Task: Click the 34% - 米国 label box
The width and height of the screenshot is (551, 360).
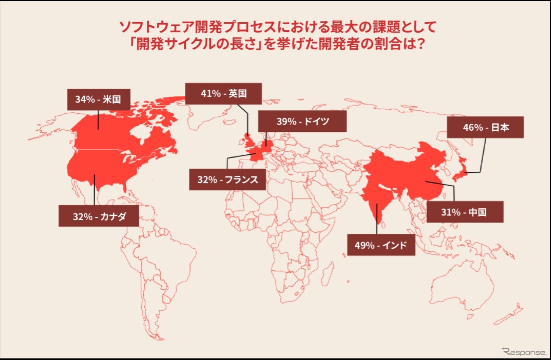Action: [x=99, y=100]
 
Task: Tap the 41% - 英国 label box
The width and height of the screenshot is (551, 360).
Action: [x=224, y=93]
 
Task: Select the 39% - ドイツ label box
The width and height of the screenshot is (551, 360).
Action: [x=302, y=121]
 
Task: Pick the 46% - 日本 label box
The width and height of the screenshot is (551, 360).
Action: [x=485, y=127]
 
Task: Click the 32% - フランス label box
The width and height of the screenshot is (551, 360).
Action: [x=227, y=180]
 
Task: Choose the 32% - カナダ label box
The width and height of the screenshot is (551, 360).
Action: [x=99, y=216]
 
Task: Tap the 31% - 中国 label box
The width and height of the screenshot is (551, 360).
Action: [x=465, y=212]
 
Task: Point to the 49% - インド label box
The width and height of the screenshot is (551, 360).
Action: [x=381, y=245]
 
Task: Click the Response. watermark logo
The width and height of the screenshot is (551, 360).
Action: [x=524, y=352]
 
